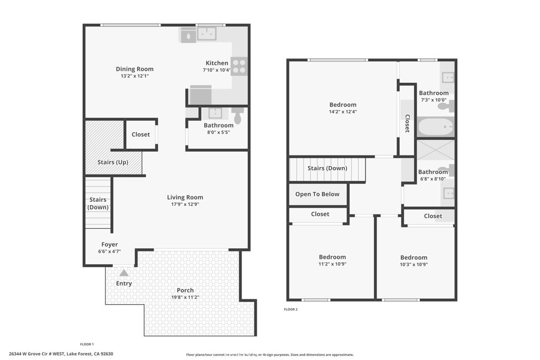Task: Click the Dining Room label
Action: pyautogui.click(x=134, y=69)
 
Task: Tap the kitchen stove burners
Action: pyautogui.click(x=239, y=66)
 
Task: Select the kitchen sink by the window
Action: pyautogui.click(x=207, y=34)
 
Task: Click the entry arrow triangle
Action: pyautogui.click(x=124, y=273)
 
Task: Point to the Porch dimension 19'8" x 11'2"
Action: pyautogui.click(x=185, y=297)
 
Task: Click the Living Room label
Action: pyautogui.click(x=185, y=197)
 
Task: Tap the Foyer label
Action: pyautogui.click(x=110, y=245)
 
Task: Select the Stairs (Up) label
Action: pyautogui.click(x=113, y=162)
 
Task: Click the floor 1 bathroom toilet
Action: pyautogui.click(x=238, y=115)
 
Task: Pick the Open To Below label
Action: pyautogui.click(x=317, y=194)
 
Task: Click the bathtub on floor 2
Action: pyautogui.click(x=436, y=127)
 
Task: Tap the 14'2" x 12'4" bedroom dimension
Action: pyautogui.click(x=343, y=112)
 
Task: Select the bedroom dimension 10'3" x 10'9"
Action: pyautogui.click(x=413, y=264)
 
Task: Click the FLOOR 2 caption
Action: pyautogui.click(x=291, y=309)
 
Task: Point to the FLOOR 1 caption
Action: pyautogui.click(x=87, y=344)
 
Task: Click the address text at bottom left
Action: pyautogui.click(x=61, y=354)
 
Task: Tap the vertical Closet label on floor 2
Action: pyautogui.click(x=407, y=123)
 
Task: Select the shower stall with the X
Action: pyautogui.click(x=436, y=150)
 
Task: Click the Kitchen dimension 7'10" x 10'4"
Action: pyautogui.click(x=217, y=70)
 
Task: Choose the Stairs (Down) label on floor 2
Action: pyautogui.click(x=327, y=168)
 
